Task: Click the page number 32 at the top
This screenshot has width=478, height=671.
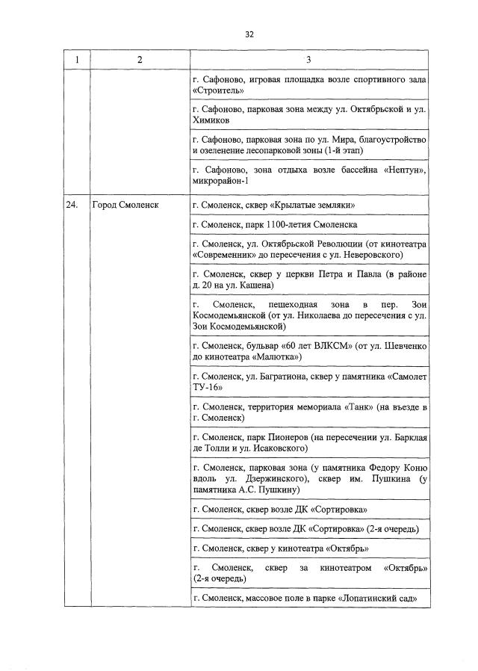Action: click(249, 34)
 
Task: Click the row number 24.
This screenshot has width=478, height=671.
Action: click(72, 205)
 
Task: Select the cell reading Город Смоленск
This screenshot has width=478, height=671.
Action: click(125, 205)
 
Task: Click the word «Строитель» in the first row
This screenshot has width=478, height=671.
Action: click(218, 90)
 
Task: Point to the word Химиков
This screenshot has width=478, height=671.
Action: click(211, 120)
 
